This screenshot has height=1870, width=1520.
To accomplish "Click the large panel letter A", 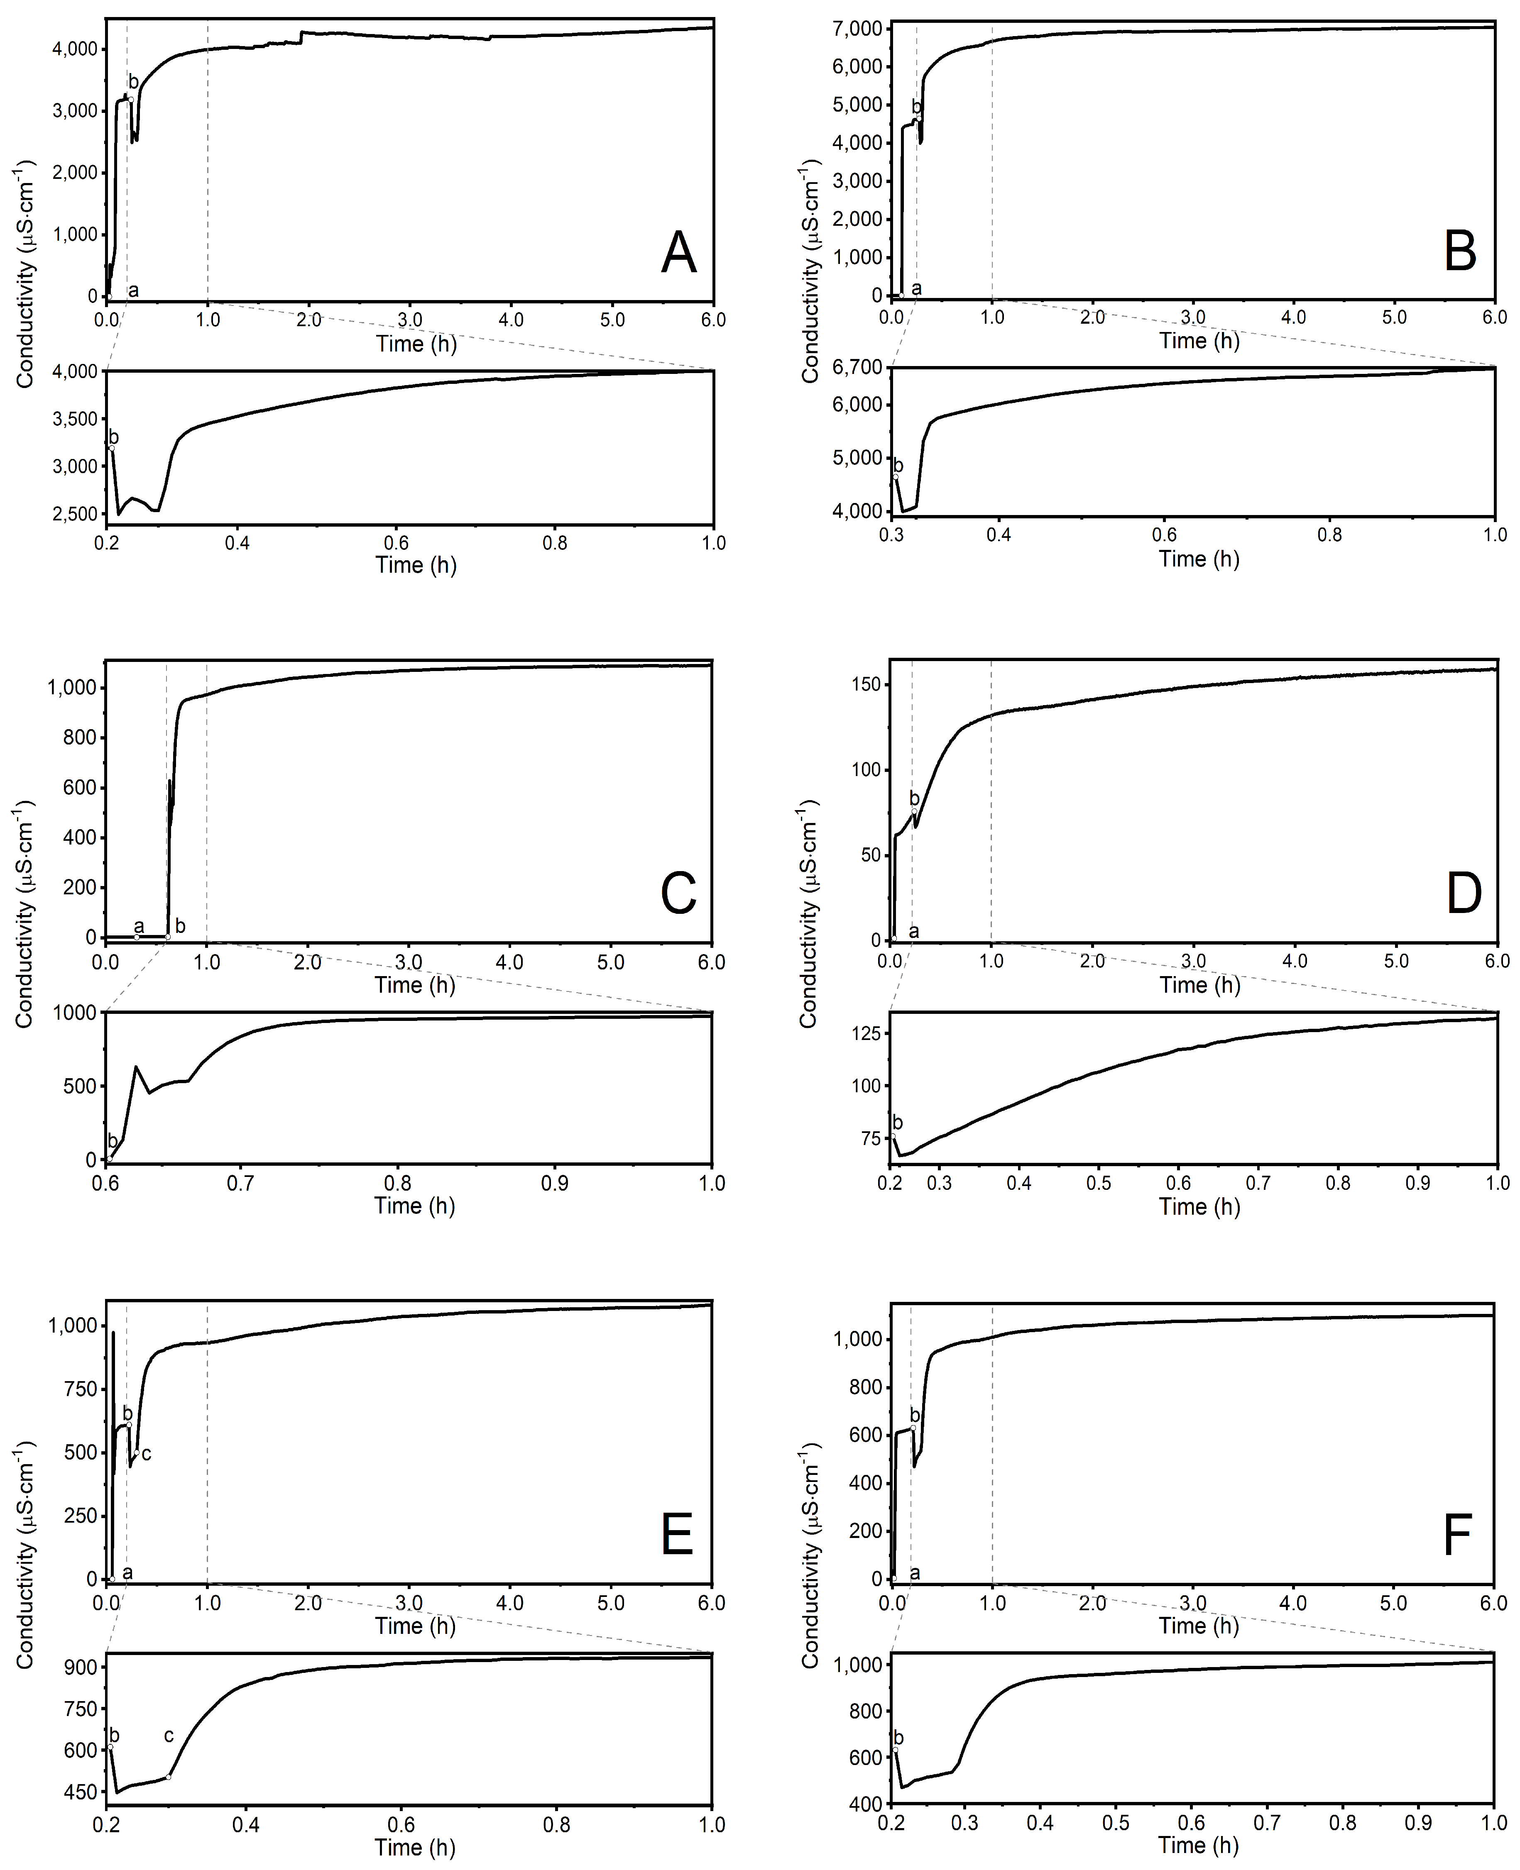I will [x=678, y=254].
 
